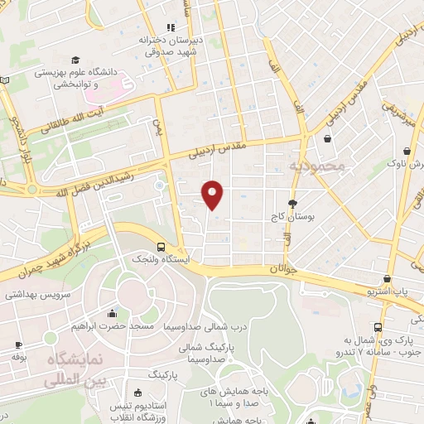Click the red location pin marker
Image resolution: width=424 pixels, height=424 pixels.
point(213,195)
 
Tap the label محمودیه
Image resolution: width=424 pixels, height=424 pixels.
point(315,166)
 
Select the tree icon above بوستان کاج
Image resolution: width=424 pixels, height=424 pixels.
point(291,203)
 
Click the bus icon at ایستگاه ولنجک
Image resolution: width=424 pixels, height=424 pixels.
point(160,246)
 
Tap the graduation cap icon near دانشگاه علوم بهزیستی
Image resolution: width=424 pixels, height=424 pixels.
point(75,60)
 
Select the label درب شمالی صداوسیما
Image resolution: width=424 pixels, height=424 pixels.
point(200,325)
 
